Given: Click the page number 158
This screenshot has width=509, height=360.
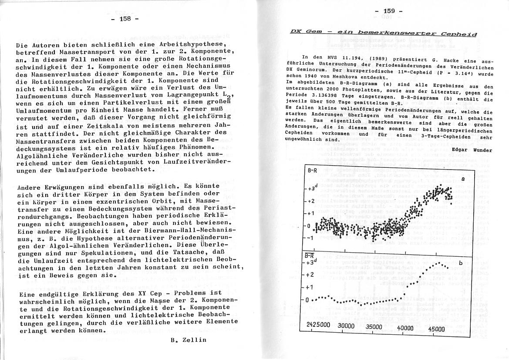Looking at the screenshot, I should click(x=125, y=19).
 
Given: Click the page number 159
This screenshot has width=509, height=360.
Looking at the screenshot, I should click(x=389, y=12).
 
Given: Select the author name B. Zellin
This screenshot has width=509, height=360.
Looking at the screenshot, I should click(x=189, y=340).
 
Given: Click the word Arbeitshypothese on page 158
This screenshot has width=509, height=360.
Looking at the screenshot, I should click(x=192, y=45).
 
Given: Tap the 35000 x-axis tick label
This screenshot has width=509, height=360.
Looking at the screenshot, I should click(x=374, y=327).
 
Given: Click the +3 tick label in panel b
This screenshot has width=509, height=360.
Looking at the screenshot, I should click(x=311, y=262).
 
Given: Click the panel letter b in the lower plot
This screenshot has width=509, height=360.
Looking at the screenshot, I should click(x=461, y=263).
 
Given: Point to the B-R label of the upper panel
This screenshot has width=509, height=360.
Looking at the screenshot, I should click(x=313, y=171).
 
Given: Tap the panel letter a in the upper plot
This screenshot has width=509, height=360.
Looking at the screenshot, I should click(x=463, y=179).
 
